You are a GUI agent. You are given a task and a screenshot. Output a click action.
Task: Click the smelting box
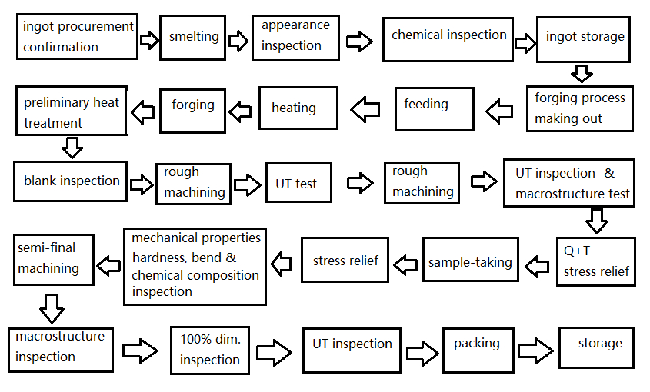[193, 38]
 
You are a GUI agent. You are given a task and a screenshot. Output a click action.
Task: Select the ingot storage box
[583, 39]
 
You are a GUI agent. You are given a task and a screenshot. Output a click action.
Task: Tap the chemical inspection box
[448, 39]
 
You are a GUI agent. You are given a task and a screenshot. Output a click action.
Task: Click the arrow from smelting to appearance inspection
[238, 41]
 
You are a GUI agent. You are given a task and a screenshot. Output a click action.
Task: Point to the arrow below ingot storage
[582, 73]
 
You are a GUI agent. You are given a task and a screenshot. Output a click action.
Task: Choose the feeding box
[435, 109]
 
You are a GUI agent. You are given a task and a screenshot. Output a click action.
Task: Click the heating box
[298, 108]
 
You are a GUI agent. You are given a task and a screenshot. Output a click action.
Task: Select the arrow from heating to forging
[240, 111]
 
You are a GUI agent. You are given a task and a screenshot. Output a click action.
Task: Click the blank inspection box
[71, 181]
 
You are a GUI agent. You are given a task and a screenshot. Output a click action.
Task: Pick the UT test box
[299, 183]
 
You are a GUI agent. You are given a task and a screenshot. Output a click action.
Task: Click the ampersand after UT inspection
[609, 173]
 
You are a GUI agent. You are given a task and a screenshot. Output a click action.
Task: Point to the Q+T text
[577, 251]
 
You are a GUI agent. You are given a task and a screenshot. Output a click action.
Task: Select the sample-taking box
[471, 259]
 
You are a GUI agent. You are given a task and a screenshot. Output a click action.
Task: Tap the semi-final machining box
[54, 260]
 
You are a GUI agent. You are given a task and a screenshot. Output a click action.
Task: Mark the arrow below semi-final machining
[52, 309]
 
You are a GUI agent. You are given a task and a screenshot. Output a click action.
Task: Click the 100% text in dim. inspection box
[195, 340]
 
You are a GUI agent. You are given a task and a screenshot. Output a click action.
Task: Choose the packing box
[478, 350]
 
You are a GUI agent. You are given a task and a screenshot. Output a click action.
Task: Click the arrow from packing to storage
[535, 350]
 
